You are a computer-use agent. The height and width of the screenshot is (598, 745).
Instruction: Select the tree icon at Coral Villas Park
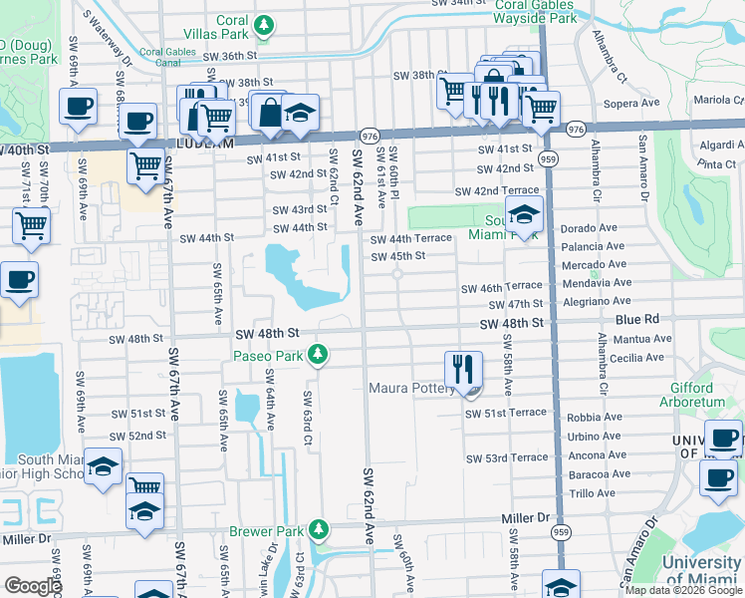pos(263,24)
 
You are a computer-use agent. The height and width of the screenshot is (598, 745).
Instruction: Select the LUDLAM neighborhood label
pos(205,143)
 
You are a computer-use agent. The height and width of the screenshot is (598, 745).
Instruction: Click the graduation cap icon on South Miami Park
pos(523,213)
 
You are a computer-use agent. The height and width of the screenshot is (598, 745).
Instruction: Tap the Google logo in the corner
pos(32,586)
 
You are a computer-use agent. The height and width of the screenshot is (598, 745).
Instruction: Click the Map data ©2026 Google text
pos(682,590)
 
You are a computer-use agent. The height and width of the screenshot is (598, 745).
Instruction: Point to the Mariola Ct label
pos(719,100)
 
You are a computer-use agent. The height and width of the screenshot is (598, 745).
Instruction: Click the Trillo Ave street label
pos(593,493)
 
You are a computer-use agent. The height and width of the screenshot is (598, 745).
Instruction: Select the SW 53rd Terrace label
pos(506,457)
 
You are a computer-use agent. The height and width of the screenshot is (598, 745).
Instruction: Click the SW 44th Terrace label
pos(411,239)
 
